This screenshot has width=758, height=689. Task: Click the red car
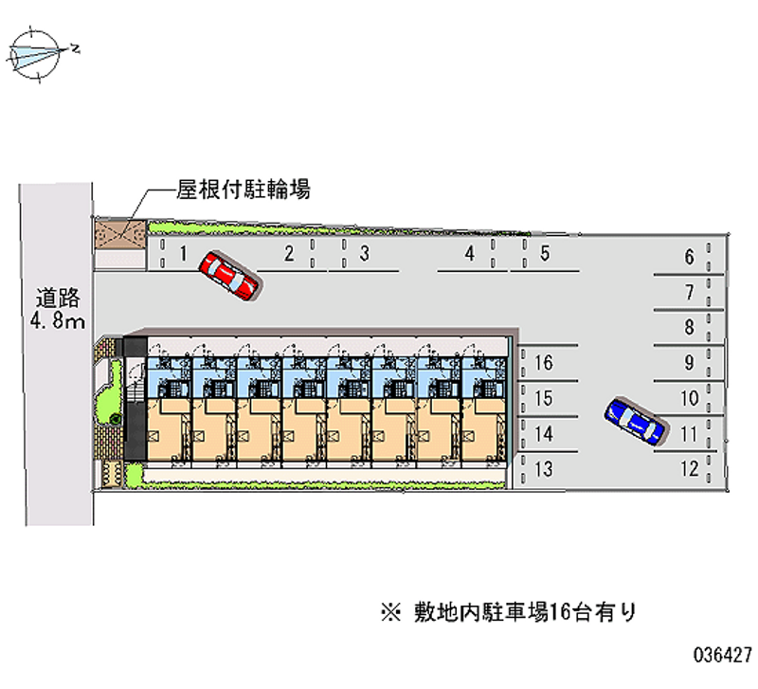coord(229,275)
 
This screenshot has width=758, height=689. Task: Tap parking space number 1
coord(183,253)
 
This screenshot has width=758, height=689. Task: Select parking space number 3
coord(364,253)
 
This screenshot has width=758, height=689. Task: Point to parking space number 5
coord(545,253)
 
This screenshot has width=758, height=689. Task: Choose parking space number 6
coord(690,257)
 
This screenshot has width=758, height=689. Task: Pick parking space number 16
coord(543,363)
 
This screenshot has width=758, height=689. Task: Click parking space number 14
coord(543,434)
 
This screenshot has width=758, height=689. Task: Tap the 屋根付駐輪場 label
coord(244,190)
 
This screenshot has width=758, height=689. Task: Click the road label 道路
coord(58,298)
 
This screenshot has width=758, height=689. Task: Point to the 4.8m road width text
coord(58,320)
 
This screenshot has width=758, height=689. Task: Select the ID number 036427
coord(723,655)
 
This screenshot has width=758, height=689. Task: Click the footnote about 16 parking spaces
coord(508,612)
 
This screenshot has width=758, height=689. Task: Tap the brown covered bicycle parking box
coord(120,235)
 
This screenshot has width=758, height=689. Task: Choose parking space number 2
coord(289,253)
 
